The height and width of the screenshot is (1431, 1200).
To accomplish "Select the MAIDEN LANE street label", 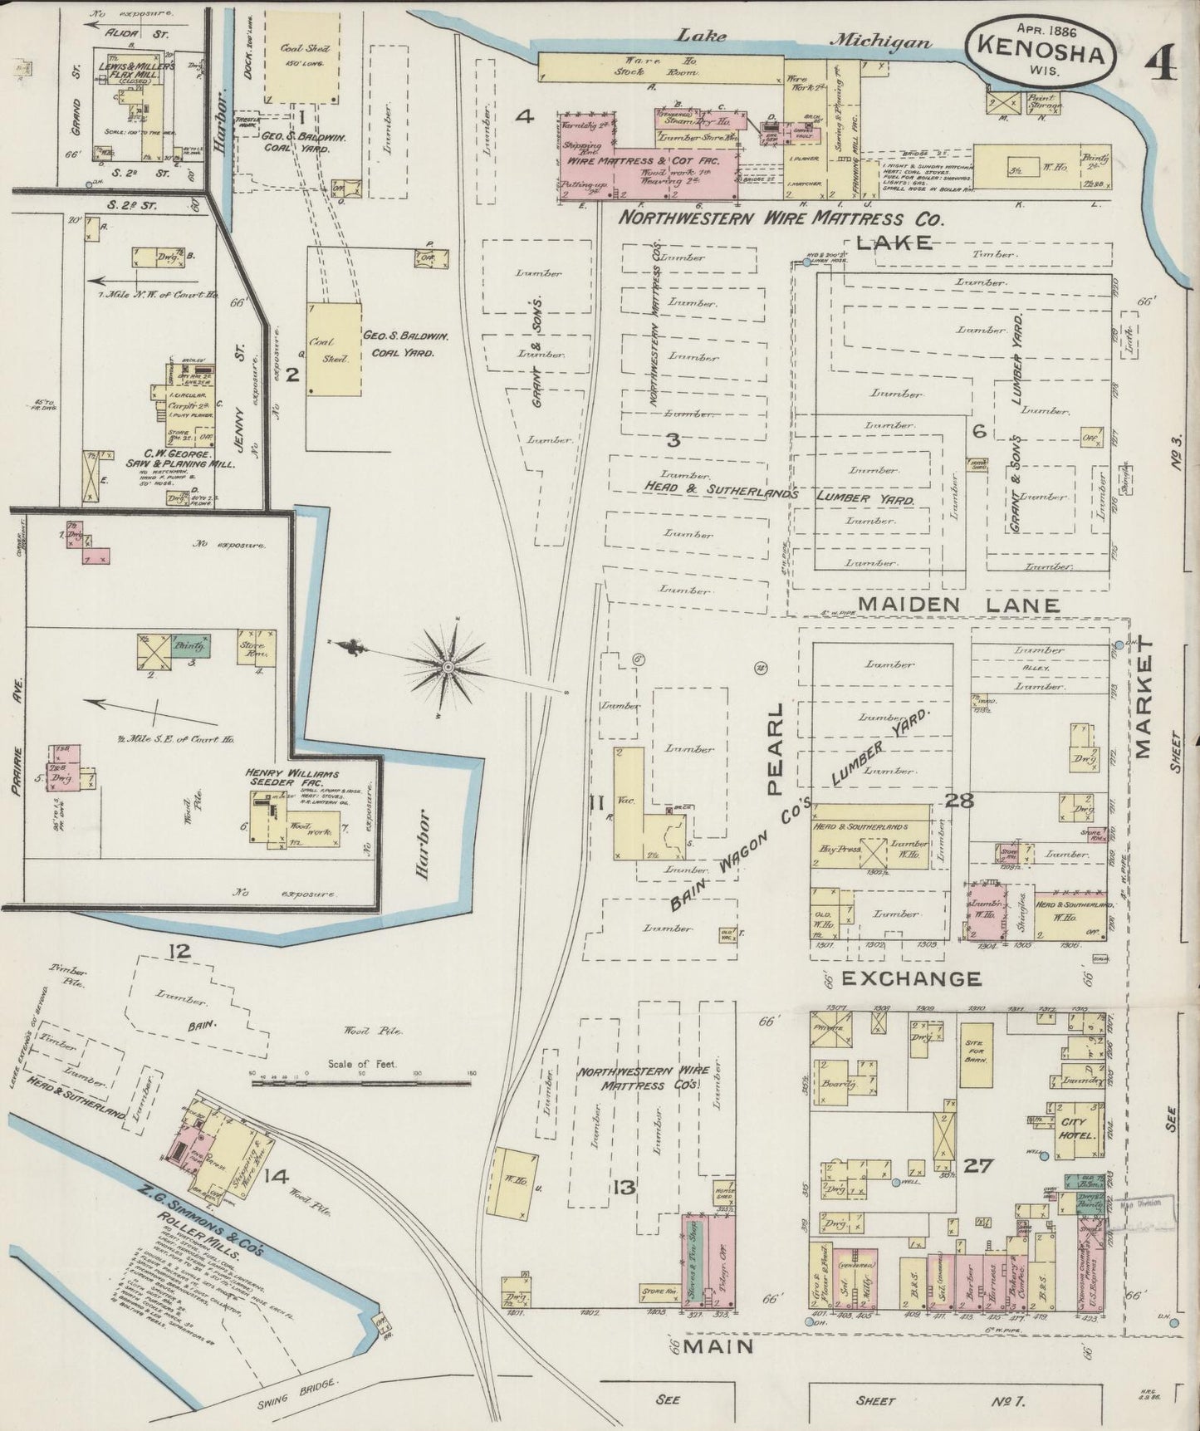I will pos(958,605).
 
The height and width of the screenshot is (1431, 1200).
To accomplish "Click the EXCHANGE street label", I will pos(911,978).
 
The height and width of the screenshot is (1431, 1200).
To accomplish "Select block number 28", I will pos(958,801).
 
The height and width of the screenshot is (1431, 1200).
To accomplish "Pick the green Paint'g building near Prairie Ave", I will pos(191,644).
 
